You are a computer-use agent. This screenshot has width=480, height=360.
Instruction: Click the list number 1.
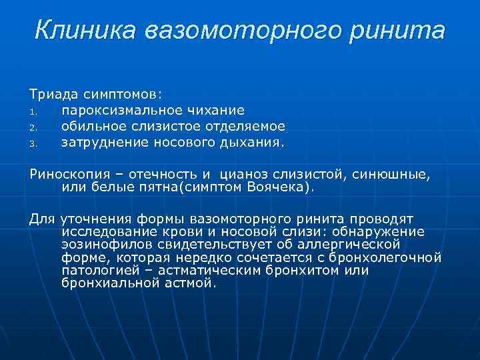tap(33, 111)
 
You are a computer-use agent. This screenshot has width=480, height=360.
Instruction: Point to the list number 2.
tap(33, 127)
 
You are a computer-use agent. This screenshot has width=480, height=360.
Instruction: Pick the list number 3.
tap(33, 143)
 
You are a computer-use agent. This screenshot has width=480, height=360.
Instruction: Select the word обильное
tap(92, 126)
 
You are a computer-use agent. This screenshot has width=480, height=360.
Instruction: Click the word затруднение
tap(98, 142)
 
